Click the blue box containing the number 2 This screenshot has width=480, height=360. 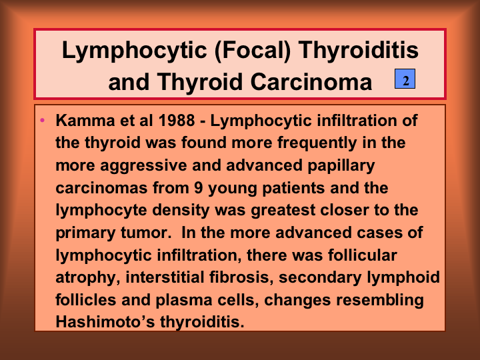click(x=405, y=79)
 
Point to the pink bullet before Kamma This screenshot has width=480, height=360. click(x=42, y=120)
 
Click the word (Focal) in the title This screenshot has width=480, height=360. click(x=253, y=50)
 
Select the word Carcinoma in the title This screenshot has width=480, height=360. click(x=311, y=82)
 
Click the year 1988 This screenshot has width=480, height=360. click(x=177, y=120)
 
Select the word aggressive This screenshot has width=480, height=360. click(x=143, y=166)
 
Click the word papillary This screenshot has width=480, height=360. click(x=341, y=165)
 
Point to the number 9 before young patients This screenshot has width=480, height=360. click(x=199, y=187)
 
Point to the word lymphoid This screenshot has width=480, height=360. click(x=403, y=277)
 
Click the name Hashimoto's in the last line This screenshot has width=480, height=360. click(x=105, y=322)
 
